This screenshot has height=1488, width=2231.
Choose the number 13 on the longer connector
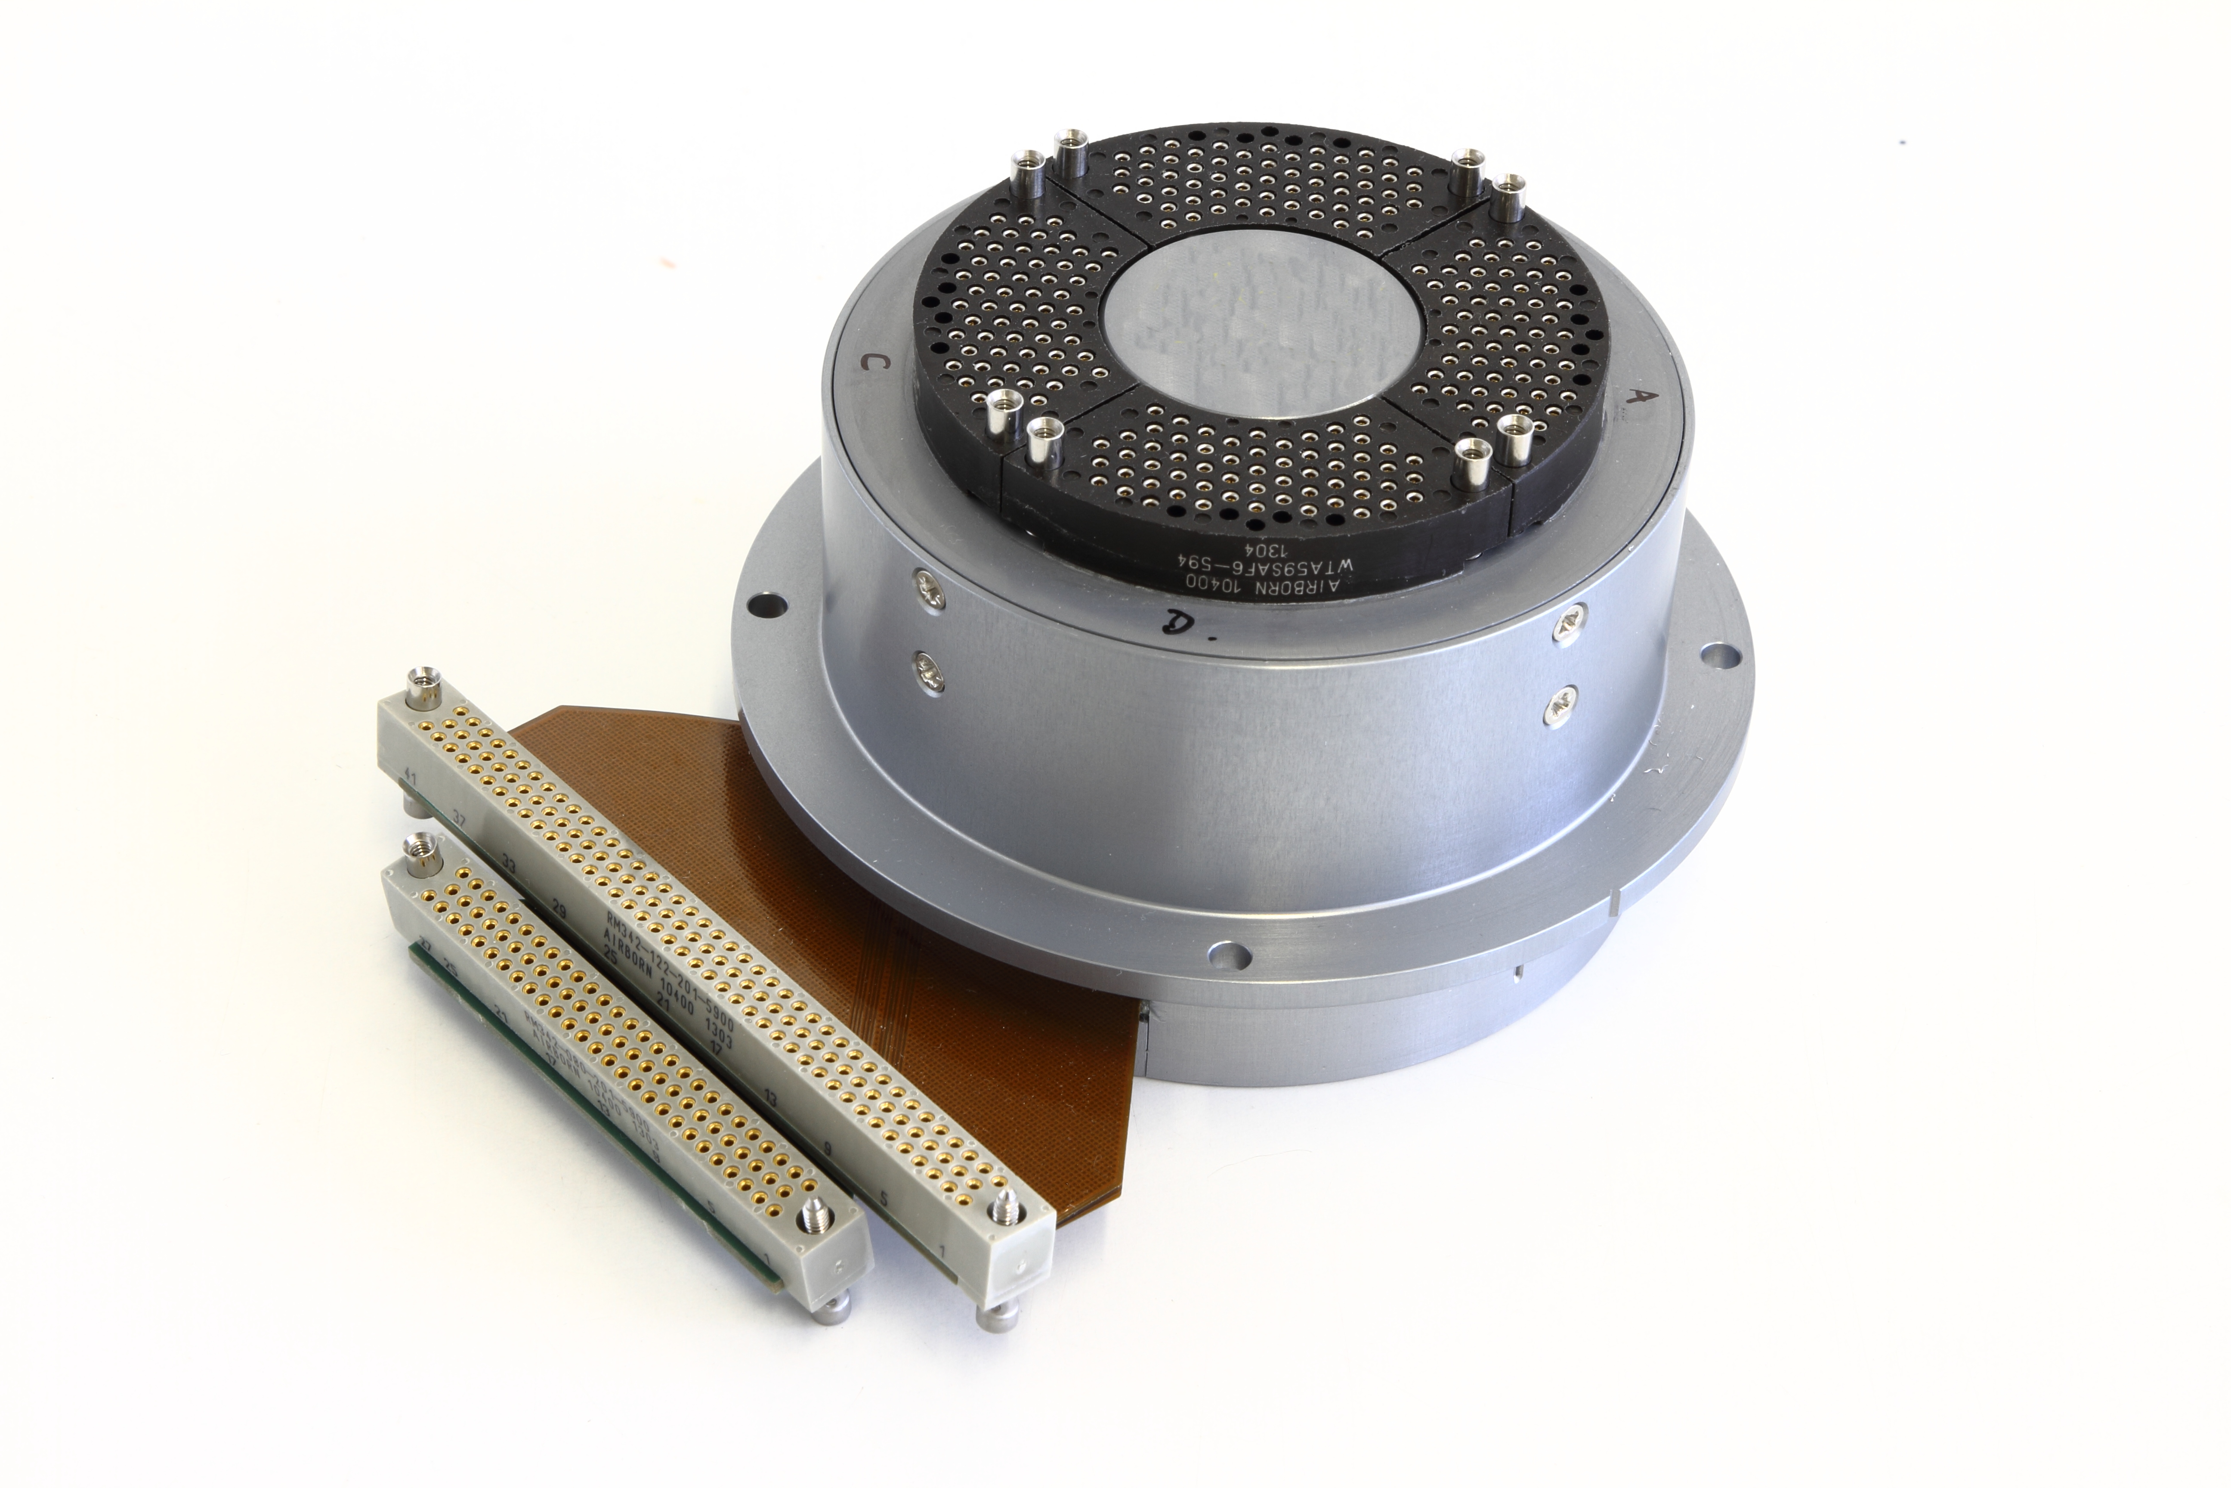point(770,1099)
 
